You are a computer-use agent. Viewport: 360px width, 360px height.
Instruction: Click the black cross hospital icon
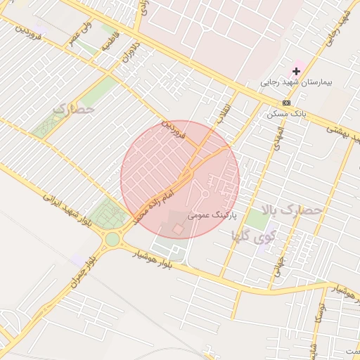(x=297, y=71)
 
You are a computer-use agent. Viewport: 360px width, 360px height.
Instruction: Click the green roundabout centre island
(x=112, y=239)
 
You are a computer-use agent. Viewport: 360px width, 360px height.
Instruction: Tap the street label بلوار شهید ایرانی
(x=67, y=210)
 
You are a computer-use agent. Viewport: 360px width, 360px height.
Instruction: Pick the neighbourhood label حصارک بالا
(x=291, y=210)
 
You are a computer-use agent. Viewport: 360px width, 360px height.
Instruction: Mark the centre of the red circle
(x=180, y=179)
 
